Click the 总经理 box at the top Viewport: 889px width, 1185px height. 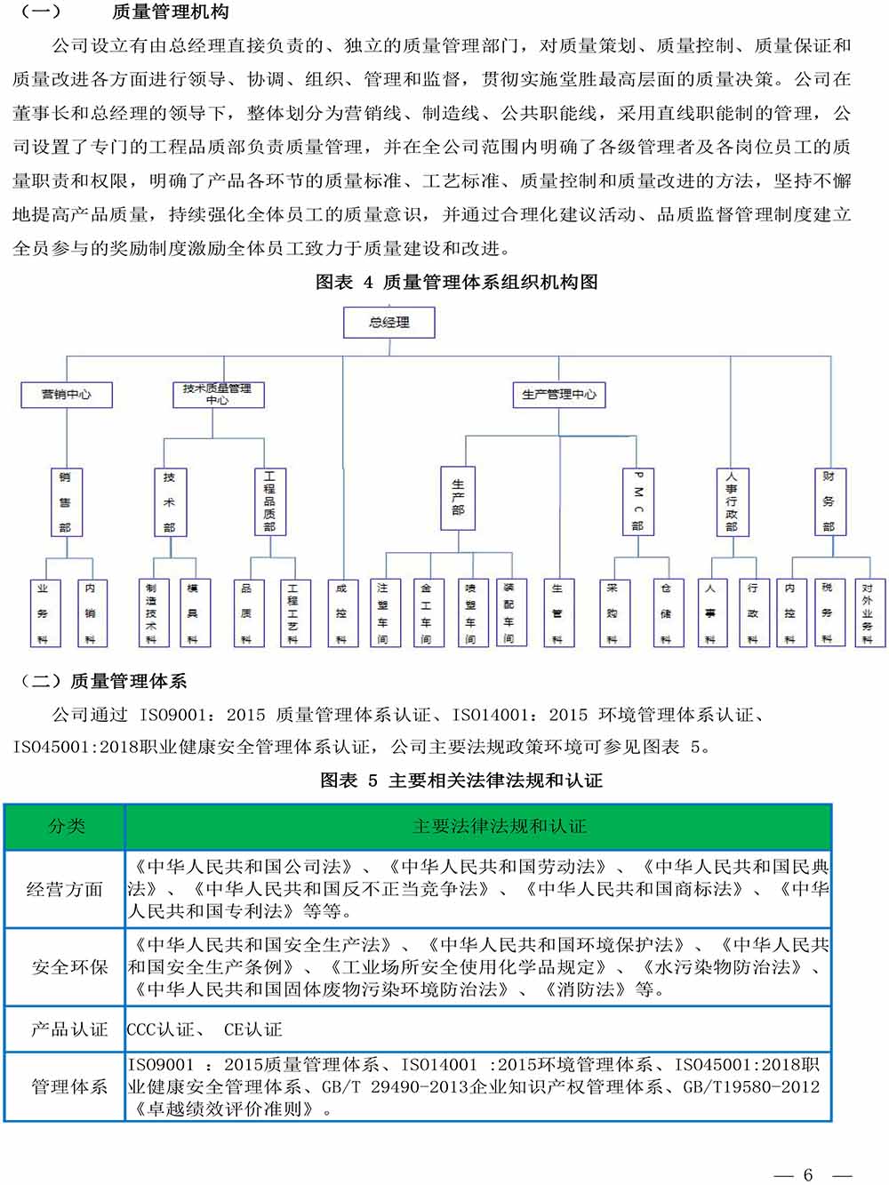(389, 323)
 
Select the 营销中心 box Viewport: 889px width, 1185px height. (67, 395)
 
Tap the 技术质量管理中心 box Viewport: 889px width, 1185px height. (217, 395)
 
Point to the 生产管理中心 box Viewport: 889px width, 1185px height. (559, 395)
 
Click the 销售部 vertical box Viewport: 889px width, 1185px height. (65, 502)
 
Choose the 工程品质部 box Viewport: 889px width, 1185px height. (269, 502)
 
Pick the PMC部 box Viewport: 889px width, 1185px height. (637, 502)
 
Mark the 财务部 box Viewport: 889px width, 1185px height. (829, 502)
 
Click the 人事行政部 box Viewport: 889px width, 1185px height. (732, 502)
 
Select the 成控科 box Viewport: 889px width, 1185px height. (341, 613)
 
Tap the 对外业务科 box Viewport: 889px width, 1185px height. (868, 613)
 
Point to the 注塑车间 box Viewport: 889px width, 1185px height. (382, 613)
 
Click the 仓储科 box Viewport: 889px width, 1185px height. (666, 613)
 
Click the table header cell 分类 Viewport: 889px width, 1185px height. (66, 827)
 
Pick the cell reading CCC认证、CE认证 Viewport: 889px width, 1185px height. (204, 1029)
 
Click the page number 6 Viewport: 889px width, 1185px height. (808, 1174)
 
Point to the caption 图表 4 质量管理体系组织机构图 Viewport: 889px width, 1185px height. (457, 283)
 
